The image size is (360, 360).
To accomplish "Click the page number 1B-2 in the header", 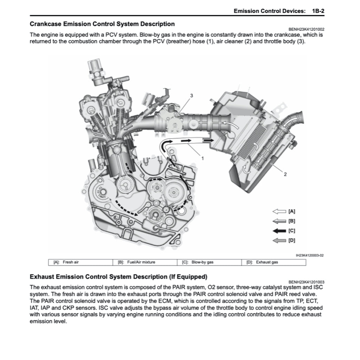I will tap(318, 11).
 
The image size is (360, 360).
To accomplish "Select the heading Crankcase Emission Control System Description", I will tap(102, 24).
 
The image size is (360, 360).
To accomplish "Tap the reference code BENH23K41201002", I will tap(306, 30).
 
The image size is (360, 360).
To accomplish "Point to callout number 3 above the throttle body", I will tap(192, 96).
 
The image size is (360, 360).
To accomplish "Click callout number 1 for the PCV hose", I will tap(202, 158).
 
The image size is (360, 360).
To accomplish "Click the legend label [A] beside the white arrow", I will tap(291, 211).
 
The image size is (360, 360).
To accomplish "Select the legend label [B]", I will tap(291, 221).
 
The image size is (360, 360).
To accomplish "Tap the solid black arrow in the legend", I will tap(279, 231).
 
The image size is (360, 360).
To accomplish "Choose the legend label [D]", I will tap(291, 241).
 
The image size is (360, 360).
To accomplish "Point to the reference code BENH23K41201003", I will tap(306, 282).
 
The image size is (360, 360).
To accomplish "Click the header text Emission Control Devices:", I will tap(269, 11).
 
